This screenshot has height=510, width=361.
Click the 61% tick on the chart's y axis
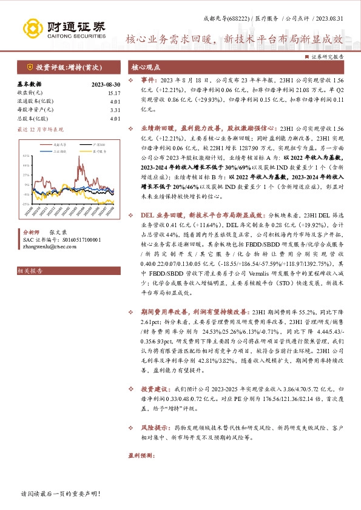[25, 155]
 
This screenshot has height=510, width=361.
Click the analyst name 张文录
[58, 232]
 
